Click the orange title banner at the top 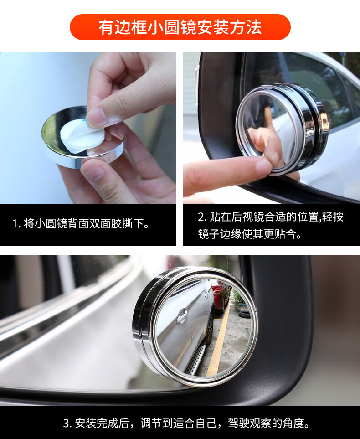[180, 27]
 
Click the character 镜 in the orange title [188, 27]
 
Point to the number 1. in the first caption [16, 224]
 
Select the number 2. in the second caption [202, 217]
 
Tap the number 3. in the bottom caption [67, 424]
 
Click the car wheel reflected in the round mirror [209, 329]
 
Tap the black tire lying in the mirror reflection [243, 314]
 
